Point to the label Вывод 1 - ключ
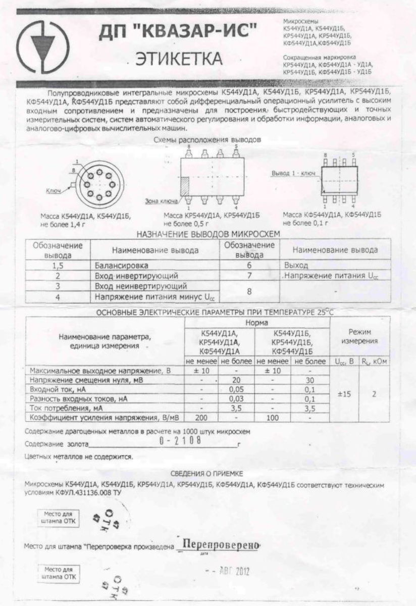(x=293, y=173)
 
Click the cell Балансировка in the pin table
(x=122, y=265)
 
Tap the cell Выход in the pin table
(x=296, y=265)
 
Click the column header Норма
(x=256, y=322)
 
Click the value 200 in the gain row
(x=201, y=418)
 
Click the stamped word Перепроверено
(x=221, y=545)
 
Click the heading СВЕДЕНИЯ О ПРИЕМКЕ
(x=206, y=473)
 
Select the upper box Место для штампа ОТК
(x=59, y=517)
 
